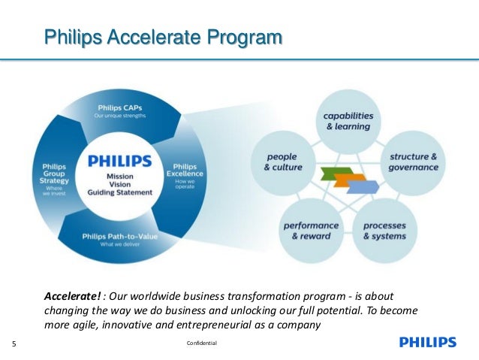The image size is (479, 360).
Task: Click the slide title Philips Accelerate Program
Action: (x=163, y=36)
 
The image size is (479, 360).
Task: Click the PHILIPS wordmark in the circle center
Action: (x=119, y=161)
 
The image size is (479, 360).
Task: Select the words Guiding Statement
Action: (x=119, y=192)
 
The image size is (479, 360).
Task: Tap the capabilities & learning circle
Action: (x=347, y=122)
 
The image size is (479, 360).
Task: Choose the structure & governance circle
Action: (x=413, y=162)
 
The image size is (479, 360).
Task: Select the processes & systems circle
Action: (x=383, y=230)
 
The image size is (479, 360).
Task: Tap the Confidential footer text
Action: (x=200, y=343)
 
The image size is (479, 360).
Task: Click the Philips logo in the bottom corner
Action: (x=427, y=343)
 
